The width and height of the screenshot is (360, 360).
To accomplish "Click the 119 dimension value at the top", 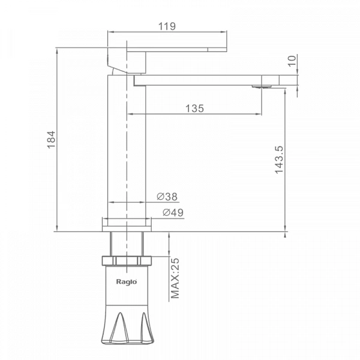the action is [x=167, y=26].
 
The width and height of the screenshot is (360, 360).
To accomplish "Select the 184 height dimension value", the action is [x=51, y=140].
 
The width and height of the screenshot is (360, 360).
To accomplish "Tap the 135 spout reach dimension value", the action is [x=194, y=109].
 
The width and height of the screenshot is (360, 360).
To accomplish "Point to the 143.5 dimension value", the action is [x=280, y=160].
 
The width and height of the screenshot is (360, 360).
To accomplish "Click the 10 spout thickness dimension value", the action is [x=292, y=61].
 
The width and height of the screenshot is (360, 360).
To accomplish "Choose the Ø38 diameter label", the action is [x=167, y=197].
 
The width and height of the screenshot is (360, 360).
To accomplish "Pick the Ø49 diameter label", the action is [x=173, y=212].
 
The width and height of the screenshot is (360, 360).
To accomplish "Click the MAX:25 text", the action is [x=175, y=278].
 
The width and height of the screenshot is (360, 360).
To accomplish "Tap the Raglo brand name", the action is [x=127, y=282].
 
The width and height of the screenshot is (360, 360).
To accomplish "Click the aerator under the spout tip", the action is [x=262, y=86].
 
